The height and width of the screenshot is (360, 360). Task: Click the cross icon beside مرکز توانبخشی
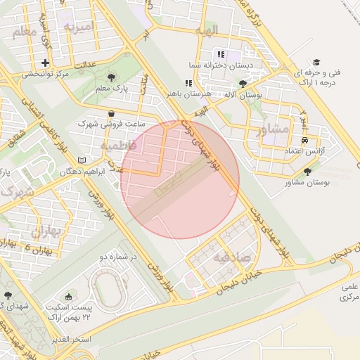point(46,63)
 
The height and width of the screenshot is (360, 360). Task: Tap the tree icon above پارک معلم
point(111,77)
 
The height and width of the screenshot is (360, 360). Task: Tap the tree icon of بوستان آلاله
point(243,84)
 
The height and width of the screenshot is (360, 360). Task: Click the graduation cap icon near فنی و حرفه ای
point(316,63)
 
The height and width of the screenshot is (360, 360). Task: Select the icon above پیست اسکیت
point(68,297)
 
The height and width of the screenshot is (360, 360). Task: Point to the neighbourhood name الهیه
point(207,30)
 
